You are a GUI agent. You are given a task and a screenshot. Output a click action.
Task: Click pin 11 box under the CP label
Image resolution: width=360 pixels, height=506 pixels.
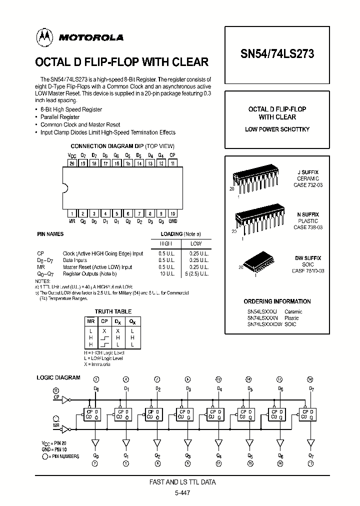[172, 163]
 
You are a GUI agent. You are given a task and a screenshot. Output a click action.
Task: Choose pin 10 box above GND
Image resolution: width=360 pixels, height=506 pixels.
[172, 213]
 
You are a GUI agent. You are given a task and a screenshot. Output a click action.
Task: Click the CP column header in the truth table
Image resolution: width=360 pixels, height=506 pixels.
[104, 321]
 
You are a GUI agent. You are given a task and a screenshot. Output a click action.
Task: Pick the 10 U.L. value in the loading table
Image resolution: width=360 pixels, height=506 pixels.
[165, 273]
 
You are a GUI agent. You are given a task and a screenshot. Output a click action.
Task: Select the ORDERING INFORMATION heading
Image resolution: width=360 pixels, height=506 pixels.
[277, 301]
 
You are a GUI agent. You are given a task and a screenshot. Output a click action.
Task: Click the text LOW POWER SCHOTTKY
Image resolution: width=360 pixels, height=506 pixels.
[277, 129]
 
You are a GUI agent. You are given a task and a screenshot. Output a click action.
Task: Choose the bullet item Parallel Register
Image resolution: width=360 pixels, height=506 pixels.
[59, 117]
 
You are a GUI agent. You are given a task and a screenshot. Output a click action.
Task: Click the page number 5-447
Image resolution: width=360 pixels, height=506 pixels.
[182, 492]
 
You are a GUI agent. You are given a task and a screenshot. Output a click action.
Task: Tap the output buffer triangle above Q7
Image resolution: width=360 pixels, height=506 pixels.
[311, 442]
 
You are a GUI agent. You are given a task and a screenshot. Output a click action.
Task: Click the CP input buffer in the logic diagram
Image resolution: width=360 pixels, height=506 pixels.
[65, 400]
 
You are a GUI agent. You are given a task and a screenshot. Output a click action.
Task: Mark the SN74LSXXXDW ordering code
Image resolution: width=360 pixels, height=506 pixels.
[264, 324]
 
